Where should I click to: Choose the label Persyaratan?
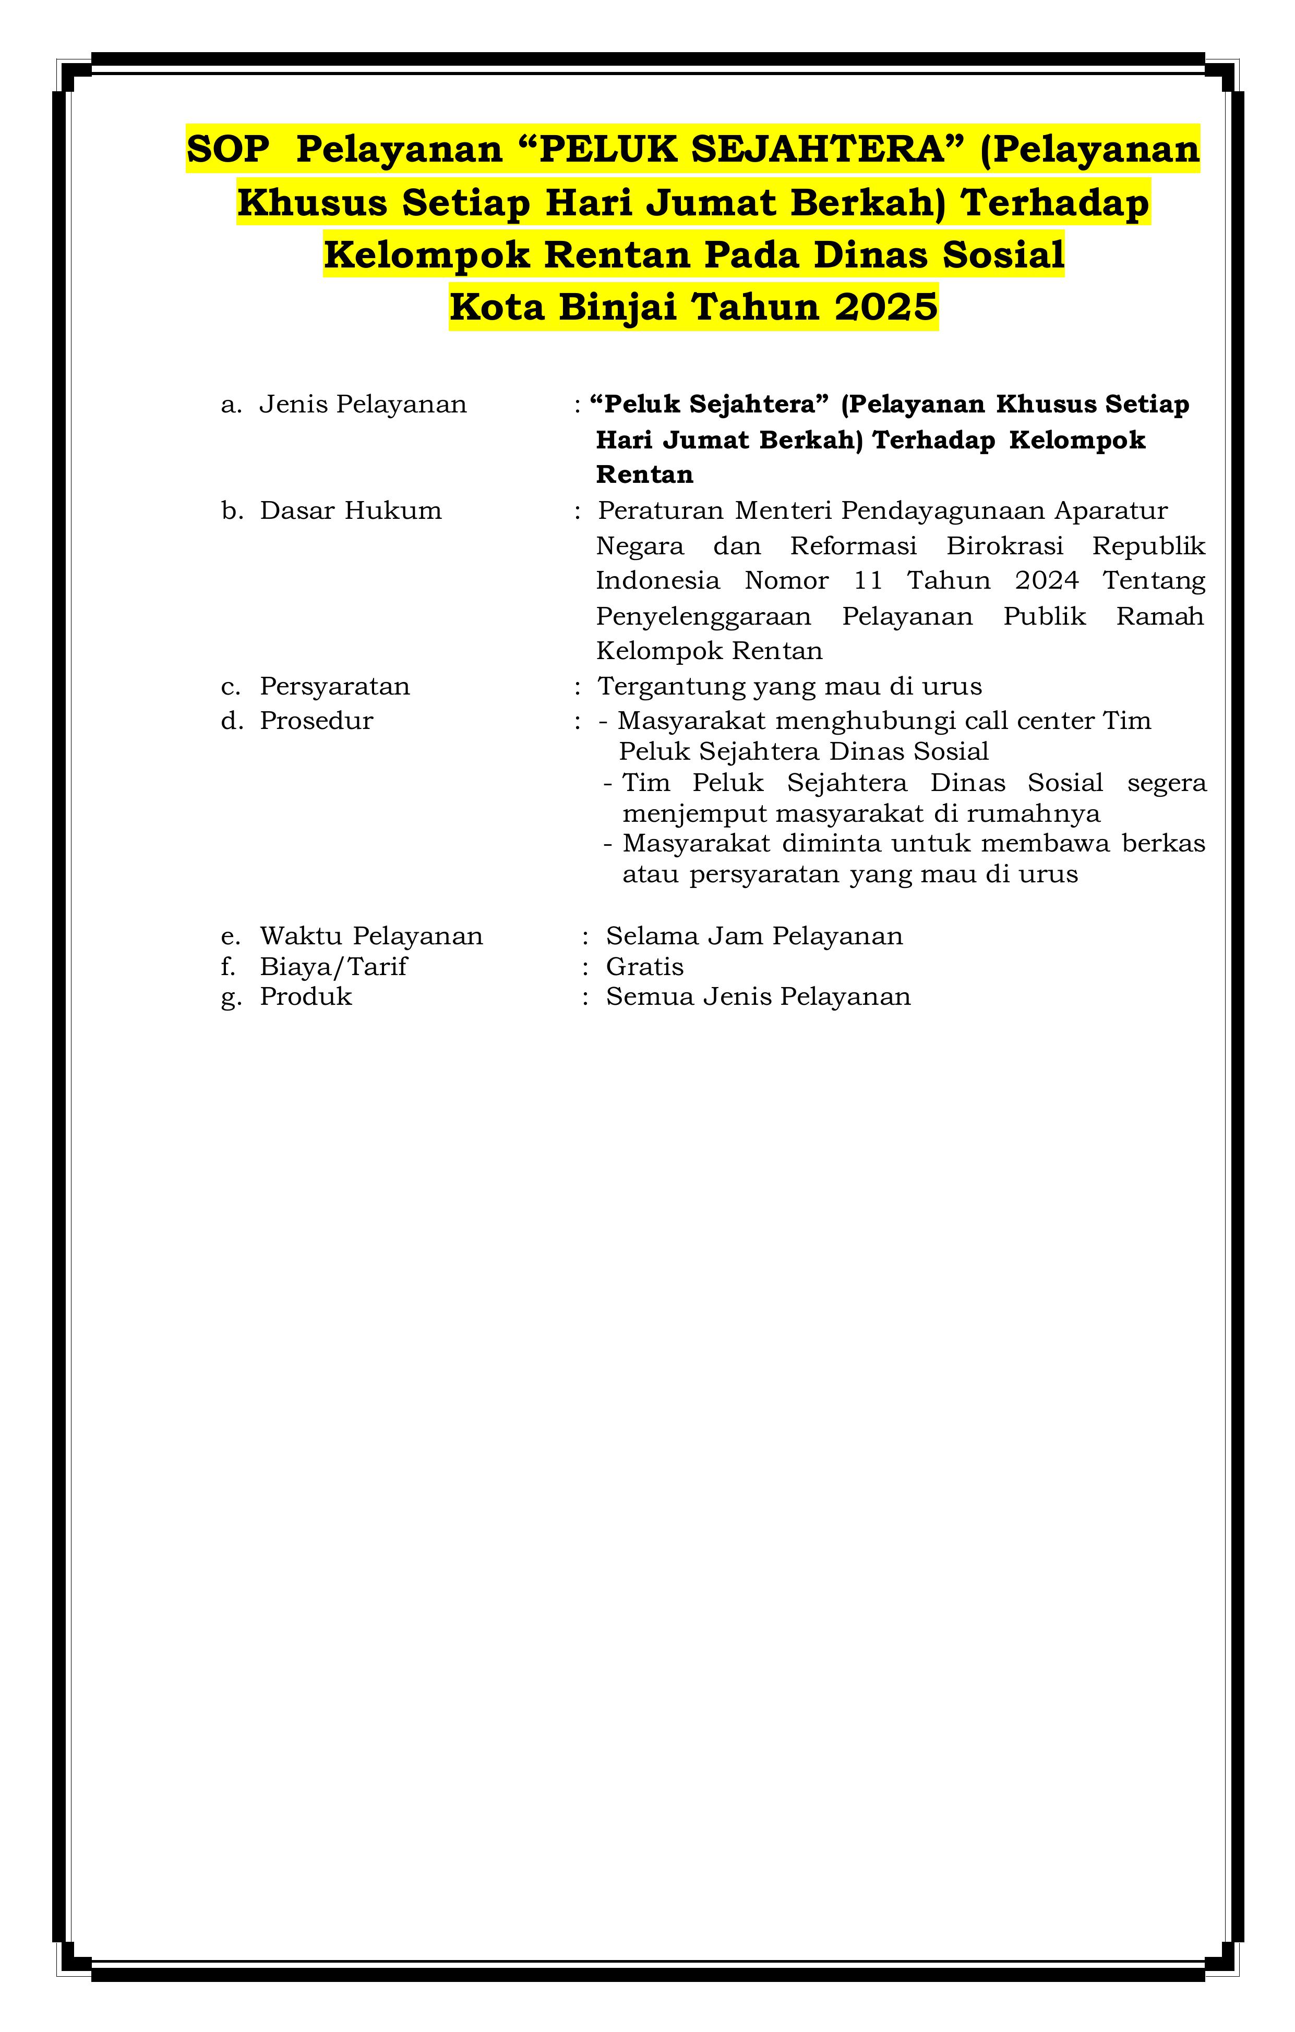(334, 686)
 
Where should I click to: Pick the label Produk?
(306, 996)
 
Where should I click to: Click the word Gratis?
(644, 966)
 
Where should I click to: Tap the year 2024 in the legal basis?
(1046, 580)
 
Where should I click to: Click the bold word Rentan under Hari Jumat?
(644, 475)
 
